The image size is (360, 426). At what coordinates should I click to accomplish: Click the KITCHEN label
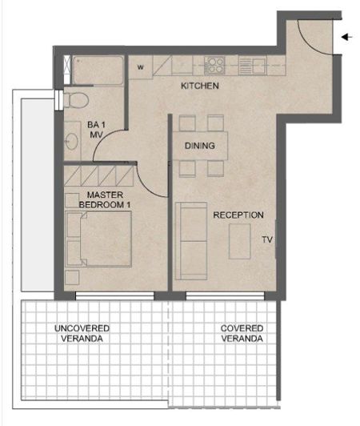coord(199,86)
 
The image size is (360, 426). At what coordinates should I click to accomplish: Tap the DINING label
coord(200,146)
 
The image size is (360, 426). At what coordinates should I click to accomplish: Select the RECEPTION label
coord(238,215)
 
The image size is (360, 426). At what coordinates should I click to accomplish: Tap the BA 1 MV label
coord(97,131)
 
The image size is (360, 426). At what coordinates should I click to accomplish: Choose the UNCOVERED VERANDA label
coord(82,334)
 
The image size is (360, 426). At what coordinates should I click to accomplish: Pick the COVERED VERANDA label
coord(242,334)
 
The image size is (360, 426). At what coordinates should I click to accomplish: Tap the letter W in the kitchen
coord(140,67)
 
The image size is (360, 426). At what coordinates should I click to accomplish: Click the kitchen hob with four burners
coord(215,64)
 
